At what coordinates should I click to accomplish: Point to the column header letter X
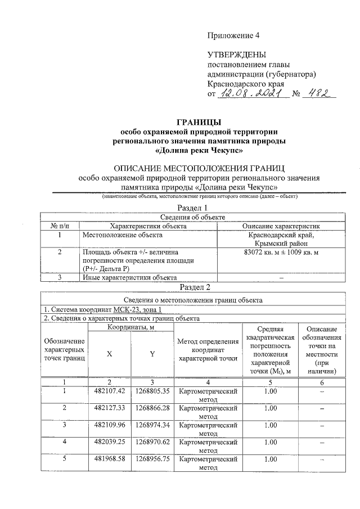point(110,354)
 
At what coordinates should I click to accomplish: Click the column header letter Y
point(152,354)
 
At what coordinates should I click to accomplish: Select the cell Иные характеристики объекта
point(130,277)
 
